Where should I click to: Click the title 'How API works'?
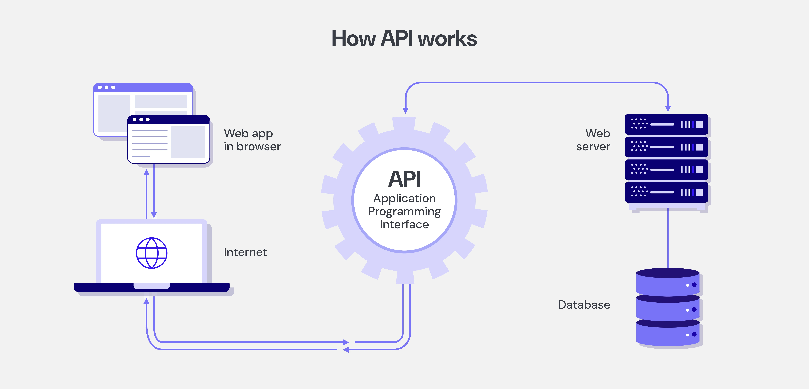pos(404,39)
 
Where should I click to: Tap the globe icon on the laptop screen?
pos(152,253)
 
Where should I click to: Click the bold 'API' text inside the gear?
pos(404,179)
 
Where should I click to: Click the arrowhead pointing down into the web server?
pos(668,109)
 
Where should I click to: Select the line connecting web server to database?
pos(668,239)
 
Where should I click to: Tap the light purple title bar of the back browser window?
pos(143,87)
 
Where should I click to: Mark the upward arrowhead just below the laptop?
pos(146,301)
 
